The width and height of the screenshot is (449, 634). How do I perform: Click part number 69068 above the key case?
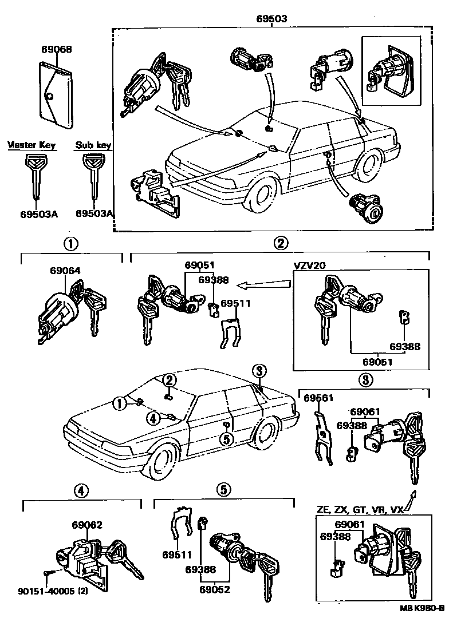56,50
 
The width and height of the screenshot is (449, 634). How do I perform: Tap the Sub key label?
93,145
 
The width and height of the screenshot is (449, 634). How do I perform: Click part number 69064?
64,271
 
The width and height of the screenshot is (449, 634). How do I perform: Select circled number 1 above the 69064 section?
70,243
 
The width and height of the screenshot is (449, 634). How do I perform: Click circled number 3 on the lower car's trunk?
259,371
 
